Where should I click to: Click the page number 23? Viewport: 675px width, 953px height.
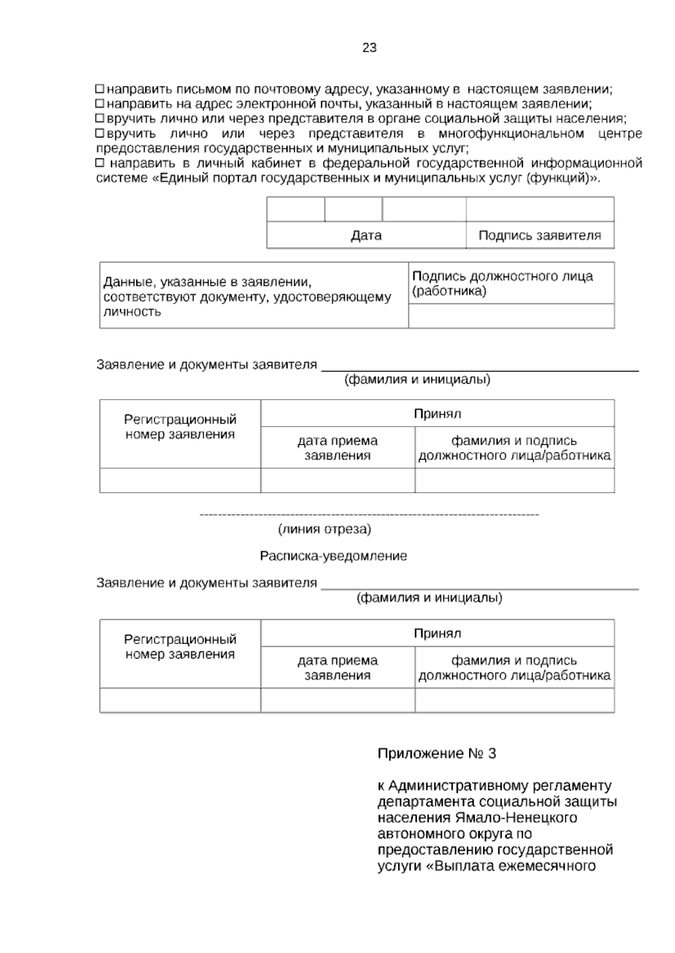click(x=369, y=48)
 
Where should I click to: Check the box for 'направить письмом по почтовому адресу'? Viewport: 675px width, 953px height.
click(x=100, y=89)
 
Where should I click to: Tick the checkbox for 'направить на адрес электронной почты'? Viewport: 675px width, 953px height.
click(x=100, y=103)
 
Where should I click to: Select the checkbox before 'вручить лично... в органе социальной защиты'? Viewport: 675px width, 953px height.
click(x=100, y=119)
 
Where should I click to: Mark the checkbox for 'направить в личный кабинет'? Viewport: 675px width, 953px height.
click(x=100, y=163)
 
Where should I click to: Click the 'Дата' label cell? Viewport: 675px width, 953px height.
click(x=366, y=235)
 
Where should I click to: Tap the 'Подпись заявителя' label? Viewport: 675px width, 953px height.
click(x=539, y=235)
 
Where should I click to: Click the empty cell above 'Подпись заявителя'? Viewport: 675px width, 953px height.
click(x=539, y=210)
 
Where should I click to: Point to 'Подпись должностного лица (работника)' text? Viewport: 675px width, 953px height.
click(x=502, y=283)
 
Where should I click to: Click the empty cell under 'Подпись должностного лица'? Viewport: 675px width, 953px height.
click(x=511, y=316)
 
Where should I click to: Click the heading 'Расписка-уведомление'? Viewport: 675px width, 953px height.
click(x=333, y=556)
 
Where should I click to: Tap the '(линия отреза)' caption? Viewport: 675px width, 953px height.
click(x=325, y=529)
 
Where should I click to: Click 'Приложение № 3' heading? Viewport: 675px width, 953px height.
click(x=436, y=754)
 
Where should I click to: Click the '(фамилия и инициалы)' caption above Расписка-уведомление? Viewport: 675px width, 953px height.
click(x=417, y=380)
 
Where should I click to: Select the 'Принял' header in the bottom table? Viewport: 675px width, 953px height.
click(x=437, y=634)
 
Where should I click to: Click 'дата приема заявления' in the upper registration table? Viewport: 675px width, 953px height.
click(x=337, y=448)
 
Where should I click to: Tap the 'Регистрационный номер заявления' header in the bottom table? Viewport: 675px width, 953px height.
click(x=180, y=647)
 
